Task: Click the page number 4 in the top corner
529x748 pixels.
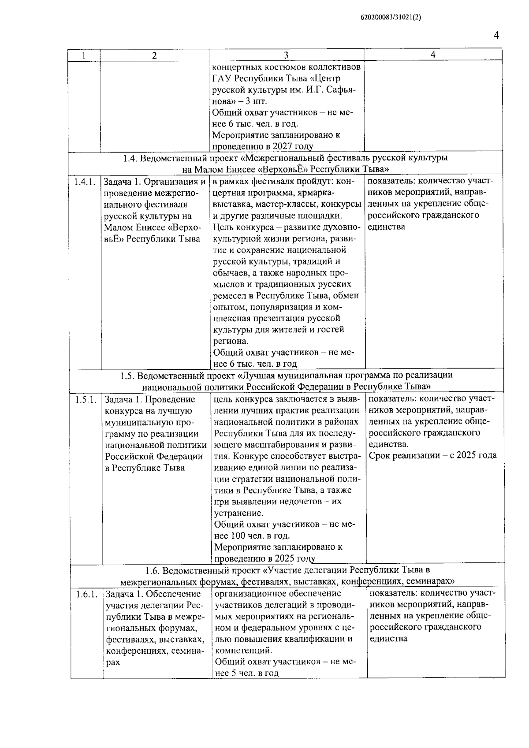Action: [496, 35]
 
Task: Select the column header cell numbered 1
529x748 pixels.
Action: [84, 56]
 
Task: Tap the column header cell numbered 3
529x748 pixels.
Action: [286, 55]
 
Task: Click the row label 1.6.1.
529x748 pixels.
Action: [86, 595]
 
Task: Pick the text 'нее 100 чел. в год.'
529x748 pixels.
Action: [252, 536]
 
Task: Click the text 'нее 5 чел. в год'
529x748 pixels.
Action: [247, 673]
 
